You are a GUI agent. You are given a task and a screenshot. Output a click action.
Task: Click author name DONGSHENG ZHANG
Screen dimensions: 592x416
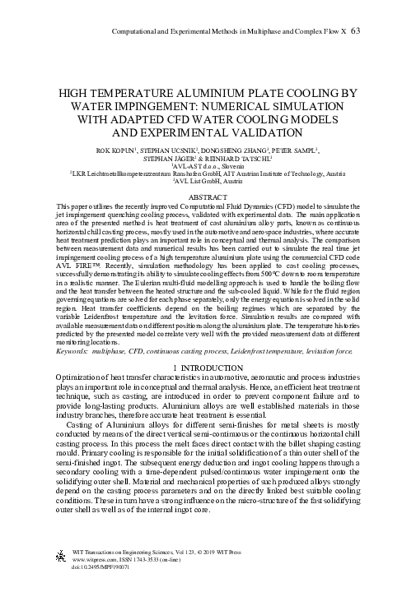tap(228, 152)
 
